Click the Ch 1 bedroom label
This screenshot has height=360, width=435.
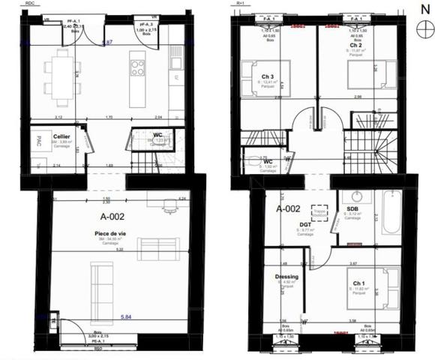pos(359,283)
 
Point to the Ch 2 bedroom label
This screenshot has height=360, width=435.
pos(357,44)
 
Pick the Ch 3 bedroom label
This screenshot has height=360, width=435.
pos(268,76)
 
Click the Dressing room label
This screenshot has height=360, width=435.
pos(287,277)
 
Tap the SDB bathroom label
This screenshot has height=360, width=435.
pos(352,209)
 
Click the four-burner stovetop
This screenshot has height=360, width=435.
pos(139,68)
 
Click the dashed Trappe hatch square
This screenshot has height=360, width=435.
pos(320,213)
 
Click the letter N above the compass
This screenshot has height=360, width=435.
pos(420,10)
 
